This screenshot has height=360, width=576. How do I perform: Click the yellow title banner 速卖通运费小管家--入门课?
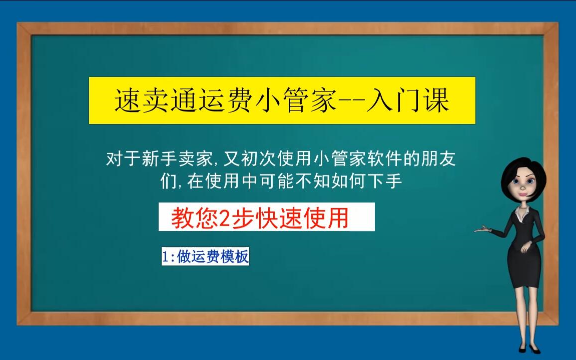(282, 100)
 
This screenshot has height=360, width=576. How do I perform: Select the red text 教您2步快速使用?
(260, 217)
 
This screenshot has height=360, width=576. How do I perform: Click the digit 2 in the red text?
(225, 218)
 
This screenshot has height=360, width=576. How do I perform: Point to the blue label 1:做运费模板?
(205, 257)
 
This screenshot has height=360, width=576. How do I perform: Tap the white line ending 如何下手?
(281, 181)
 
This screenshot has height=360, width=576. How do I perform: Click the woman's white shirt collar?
(521, 215)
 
